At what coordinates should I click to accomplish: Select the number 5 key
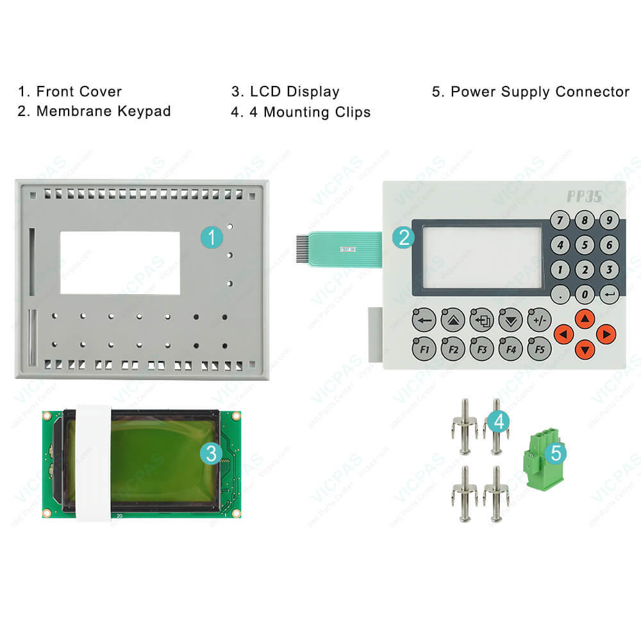point(585,245)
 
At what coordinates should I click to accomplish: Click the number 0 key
point(585,294)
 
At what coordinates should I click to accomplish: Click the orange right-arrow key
point(606,333)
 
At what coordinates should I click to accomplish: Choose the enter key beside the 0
point(609,294)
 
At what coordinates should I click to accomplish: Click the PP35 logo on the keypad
point(584,196)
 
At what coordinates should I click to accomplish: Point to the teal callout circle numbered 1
point(212,238)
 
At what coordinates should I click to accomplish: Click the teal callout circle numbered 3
point(212,453)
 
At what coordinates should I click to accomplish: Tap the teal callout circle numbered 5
point(556,453)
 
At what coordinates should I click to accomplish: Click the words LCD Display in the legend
point(294,92)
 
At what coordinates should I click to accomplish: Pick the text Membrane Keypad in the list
point(103,111)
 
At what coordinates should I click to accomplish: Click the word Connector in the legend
point(592,92)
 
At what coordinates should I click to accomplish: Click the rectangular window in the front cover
point(119,263)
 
